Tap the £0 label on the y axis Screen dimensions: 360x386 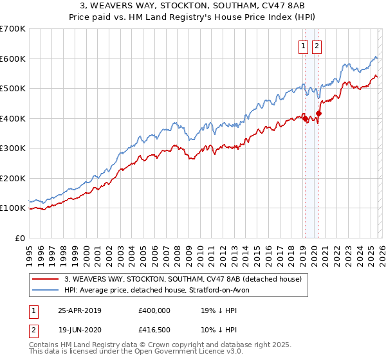[19, 238]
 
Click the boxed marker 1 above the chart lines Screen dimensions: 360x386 [303, 46]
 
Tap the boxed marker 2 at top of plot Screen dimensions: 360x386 [317, 46]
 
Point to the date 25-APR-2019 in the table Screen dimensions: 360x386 [80, 310]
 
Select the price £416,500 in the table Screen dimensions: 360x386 [154, 329]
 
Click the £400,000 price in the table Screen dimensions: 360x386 [154, 310]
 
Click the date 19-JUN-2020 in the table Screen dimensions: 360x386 [80, 329]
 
